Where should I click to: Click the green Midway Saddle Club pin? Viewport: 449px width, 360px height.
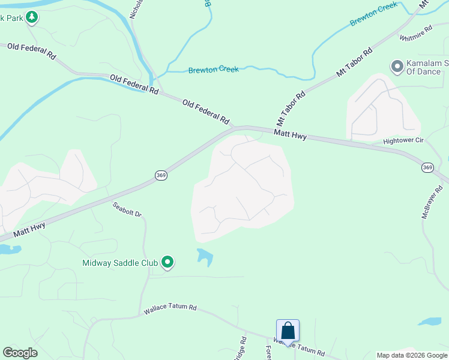(x=168, y=262)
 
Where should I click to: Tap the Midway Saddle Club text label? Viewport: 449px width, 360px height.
(x=120, y=263)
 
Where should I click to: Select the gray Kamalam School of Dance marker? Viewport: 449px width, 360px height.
(x=397, y=66)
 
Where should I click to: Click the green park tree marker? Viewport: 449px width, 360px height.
(x=32, y=17)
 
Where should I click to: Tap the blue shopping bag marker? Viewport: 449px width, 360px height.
(x=288, y=331)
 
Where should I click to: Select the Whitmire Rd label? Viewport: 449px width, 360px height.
(x=416, y=34)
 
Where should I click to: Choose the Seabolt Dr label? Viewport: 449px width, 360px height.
(x=127, y=209)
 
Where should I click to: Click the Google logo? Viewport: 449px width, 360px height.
(x=20, y=353)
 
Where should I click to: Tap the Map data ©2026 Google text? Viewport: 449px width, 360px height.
(x=411, y=355)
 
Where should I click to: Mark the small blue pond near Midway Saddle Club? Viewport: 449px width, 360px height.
(x=205, y=257)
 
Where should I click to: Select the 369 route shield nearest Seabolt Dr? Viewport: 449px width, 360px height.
(x=160, y=175)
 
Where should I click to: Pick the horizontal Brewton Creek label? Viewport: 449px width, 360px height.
(x=213, y=70)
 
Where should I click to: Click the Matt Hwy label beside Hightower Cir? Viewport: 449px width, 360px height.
(x=291, y=135)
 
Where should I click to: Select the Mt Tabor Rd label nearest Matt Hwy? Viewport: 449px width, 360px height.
(x=291, y=104)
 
